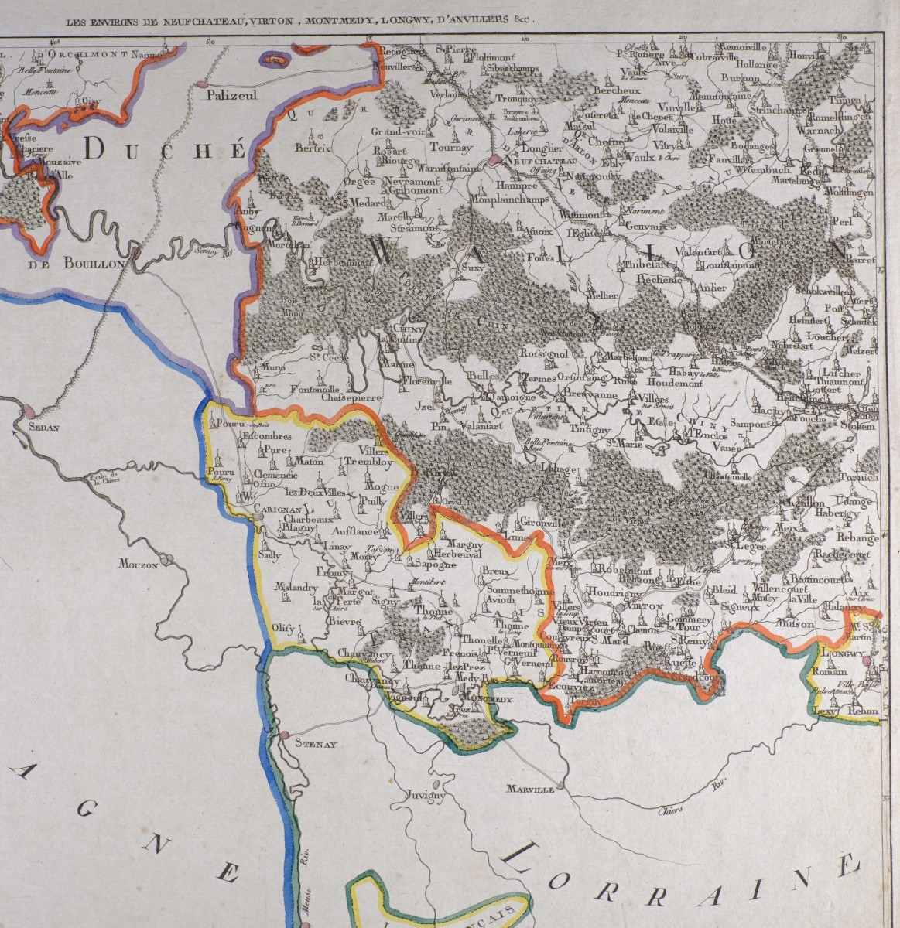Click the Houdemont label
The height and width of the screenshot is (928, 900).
pyautogui.click(x=672, y=382)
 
